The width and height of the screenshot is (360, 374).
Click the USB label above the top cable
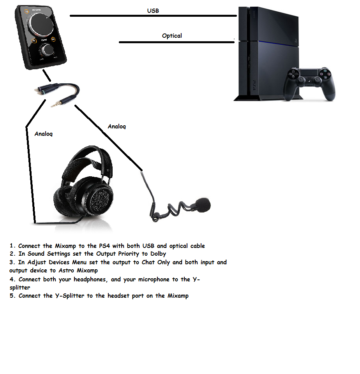pos(153,11)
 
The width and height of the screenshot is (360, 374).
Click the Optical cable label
pos(172,36)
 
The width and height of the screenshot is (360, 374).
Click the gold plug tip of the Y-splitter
pos(55,104)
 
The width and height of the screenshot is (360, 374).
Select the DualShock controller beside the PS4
pos(309,84)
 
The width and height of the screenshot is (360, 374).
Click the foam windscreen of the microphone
pos(203,205)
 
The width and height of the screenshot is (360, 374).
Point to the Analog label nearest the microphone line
pos(117,126)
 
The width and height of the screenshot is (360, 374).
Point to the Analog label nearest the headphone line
pos(44,134)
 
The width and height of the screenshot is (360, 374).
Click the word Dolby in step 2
pos(158,254)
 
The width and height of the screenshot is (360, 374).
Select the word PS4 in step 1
pos(104,246)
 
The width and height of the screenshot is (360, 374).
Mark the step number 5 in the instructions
pos(12,296)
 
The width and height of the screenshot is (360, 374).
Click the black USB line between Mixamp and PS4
pos(153,16)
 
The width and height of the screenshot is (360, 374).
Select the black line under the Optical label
pos(176,42)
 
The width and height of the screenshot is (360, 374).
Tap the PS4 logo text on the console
pos(254,85)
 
